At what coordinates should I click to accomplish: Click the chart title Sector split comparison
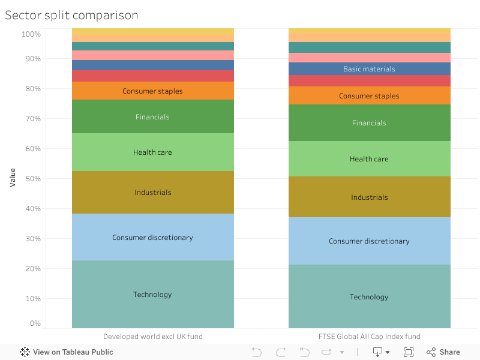click(71, 15)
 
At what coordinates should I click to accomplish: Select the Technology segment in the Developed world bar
click(152, 295)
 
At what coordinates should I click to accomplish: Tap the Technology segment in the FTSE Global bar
click(369, 297)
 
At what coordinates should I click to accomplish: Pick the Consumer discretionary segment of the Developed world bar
click(152, 238)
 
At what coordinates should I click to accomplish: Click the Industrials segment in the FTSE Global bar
click(369, 197)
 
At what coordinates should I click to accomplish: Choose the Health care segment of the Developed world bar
click(152, 152)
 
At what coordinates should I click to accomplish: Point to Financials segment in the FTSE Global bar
click(369, 123)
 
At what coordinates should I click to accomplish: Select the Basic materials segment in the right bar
click(369, 69)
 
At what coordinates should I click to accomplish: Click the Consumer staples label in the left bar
click(152, 91)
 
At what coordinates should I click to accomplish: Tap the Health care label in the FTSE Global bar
click(369, 159)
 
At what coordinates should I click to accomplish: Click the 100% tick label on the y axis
click(31, 34)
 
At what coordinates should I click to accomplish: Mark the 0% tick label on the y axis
click(35, 324)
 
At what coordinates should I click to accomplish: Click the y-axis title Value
click(13, 177)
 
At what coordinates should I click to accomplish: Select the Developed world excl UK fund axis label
click(152, 337)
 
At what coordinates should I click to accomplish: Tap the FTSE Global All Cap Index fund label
click(369, 337)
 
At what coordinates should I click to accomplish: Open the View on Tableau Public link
click(67, 352)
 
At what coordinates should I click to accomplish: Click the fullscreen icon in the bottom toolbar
click(409, 352)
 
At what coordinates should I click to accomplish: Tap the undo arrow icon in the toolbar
click(257, 352)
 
